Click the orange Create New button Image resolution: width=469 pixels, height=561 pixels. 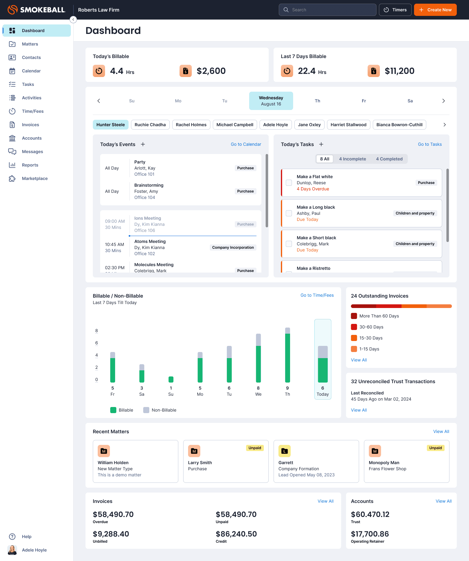point(435,10)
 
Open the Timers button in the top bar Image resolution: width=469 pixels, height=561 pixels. point(395,10)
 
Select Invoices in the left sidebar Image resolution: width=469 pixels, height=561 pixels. point(30,125)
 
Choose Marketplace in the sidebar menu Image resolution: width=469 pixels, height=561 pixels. point(35,178)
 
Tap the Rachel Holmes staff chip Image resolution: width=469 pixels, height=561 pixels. point(191,125)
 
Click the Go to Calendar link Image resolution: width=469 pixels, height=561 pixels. point(246,144)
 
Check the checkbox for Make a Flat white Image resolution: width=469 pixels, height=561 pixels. point(289,183)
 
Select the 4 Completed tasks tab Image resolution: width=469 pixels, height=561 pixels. point(389,159)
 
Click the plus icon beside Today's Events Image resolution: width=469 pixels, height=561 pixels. point(143,144)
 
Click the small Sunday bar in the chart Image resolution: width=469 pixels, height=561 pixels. point(171,380)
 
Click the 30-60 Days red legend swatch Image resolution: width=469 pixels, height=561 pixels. point(354,327)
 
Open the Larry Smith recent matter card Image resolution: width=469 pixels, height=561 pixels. point(226,461)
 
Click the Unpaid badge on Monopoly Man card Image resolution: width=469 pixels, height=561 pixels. point(435,448)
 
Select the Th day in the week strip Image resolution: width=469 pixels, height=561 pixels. point(318,101)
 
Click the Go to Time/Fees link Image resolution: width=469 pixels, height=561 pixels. point(317,295)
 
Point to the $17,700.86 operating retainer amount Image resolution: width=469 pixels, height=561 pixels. point(370,534)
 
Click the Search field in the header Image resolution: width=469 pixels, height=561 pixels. point(327,10)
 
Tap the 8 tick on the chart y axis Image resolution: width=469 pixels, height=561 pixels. point(96,331)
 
